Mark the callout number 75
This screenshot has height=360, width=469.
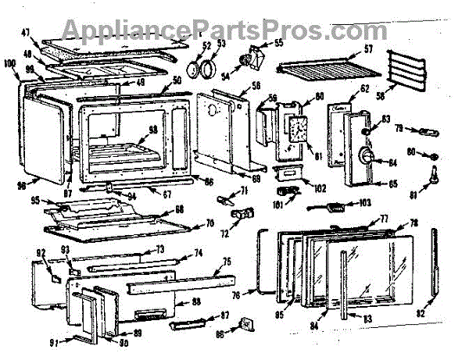[x=226, y=262]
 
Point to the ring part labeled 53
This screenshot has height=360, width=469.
[x=207, y=70]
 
